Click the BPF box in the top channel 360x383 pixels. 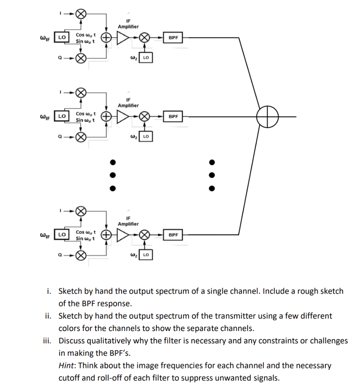coord(173,38)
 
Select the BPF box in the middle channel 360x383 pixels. coord(173,116)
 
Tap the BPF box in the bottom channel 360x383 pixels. coord(173,235)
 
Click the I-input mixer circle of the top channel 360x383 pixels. coord(81,14)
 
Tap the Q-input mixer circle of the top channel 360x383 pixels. coord(81,58)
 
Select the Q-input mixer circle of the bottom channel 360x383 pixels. coord(81,255)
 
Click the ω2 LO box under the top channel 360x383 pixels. coord(146,58)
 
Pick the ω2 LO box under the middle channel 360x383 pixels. coord(146,137)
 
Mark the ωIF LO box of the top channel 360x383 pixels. coord(62,37)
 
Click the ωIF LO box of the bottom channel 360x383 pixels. coord(62,235)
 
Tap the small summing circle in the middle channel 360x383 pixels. coord(106,116)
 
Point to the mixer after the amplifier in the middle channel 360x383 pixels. coord(144,116)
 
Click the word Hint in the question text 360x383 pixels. coord(66,365)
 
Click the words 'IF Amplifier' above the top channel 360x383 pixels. coord(128,24)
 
